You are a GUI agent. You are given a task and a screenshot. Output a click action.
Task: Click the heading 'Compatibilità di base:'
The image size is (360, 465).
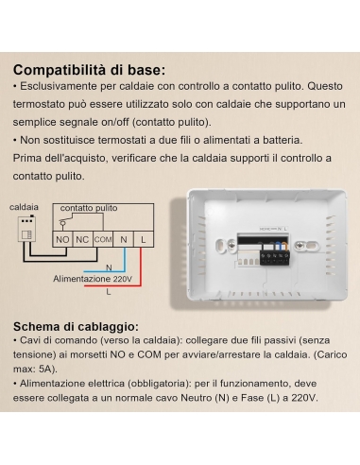pos(90,69)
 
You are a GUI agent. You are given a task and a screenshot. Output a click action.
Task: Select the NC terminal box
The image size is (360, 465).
pos(82,240)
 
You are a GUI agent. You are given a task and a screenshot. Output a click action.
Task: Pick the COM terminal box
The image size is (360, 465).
pos(103,240)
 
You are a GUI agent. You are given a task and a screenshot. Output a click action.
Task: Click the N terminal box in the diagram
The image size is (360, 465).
pos(125,240)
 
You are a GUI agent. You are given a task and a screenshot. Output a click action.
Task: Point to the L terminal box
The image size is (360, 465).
pos(143,240)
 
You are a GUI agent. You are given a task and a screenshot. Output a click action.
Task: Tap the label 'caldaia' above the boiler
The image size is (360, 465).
pos(24,206)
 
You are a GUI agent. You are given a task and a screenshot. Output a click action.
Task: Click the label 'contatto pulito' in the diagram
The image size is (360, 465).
pos(89,207)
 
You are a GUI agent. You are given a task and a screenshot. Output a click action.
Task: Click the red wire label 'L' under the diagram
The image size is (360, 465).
pos(108,292)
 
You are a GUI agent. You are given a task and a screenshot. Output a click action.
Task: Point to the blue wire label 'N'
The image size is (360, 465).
pos(108,267)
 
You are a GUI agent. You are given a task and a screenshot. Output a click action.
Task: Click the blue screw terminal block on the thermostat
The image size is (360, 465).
pos(278,256)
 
